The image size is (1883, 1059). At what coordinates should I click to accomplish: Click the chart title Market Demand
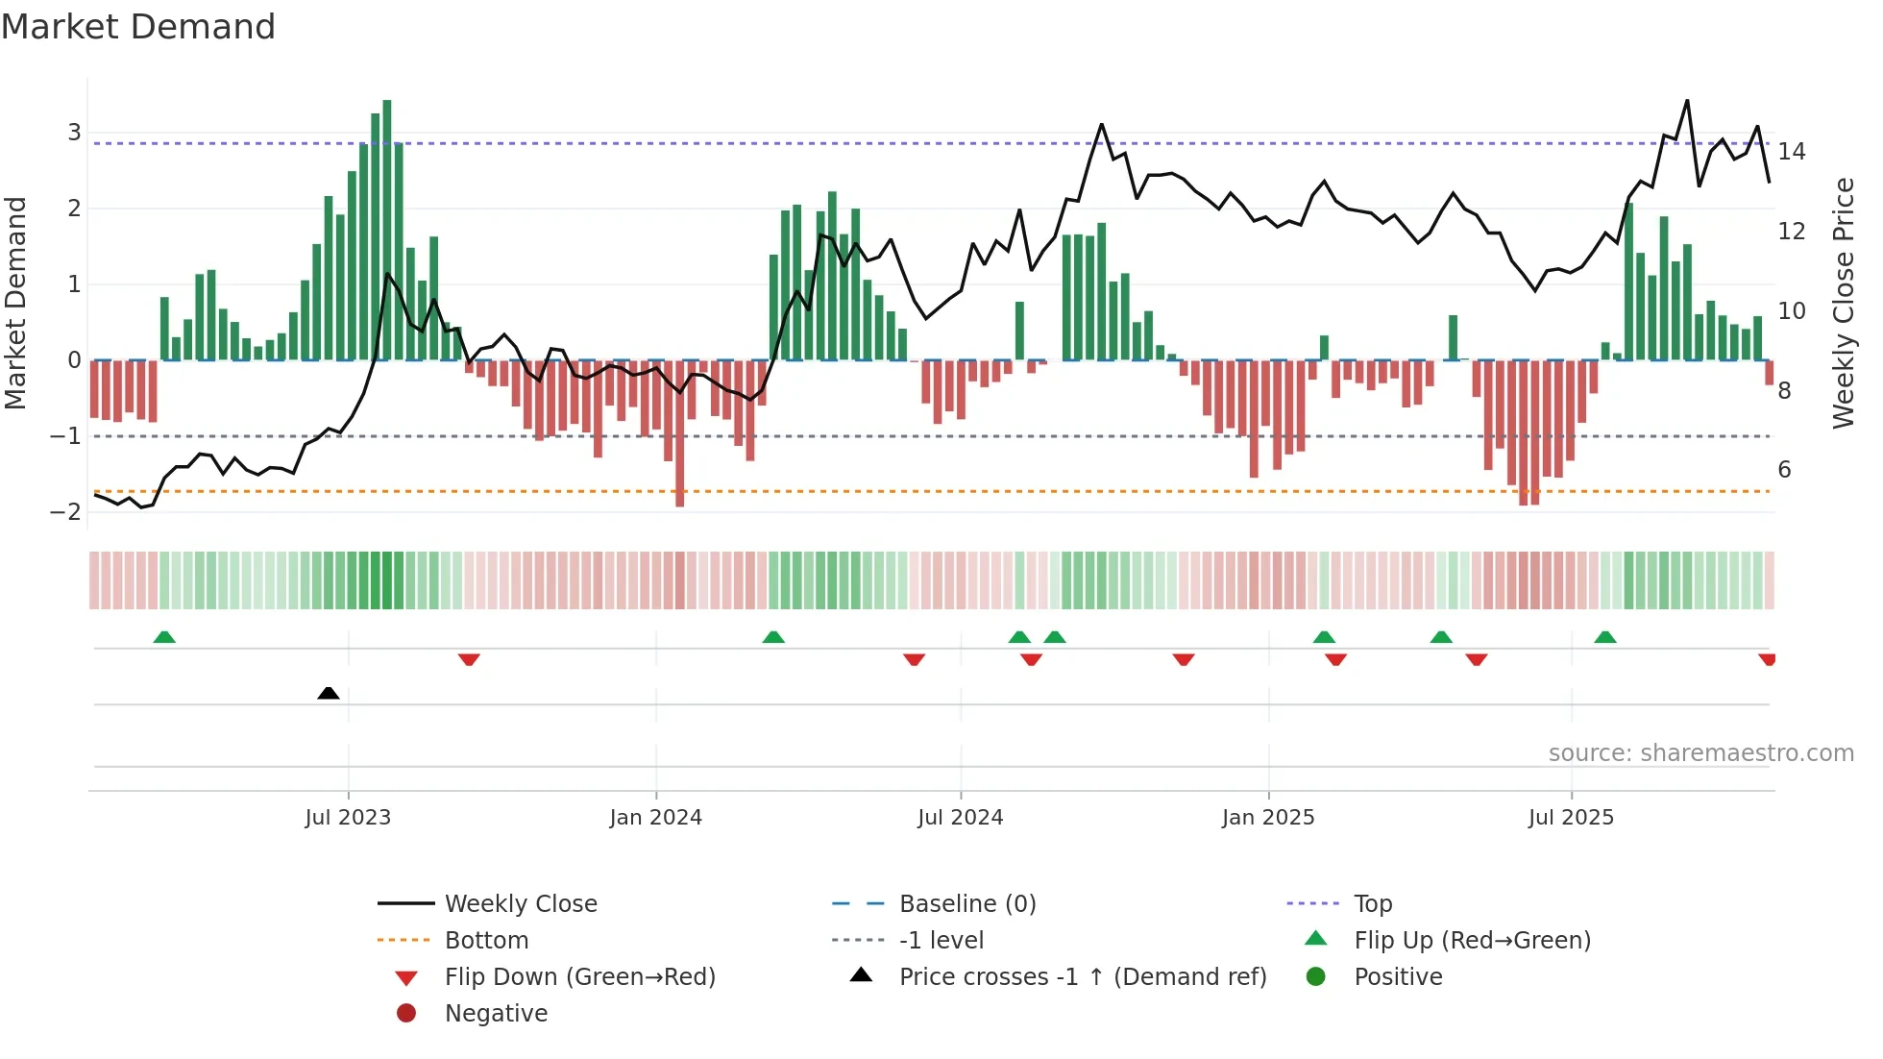click(x=138, y=27)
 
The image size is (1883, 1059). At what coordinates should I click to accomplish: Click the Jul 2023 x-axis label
click(x=348, y=818)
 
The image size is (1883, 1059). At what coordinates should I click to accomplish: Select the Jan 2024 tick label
click(x=656, y=818)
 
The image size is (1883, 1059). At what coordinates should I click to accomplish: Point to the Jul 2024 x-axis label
click(x=960, y=818)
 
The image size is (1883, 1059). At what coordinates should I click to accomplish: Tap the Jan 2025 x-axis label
click(x=1268, y=818)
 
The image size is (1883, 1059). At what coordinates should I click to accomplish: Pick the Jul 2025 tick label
click(x=1571, y=818)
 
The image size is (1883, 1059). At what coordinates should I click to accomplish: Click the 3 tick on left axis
click(x=74, y=133)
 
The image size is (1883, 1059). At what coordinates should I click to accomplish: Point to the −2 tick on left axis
click(x=66, y=511)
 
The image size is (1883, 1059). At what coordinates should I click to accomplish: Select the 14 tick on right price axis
click(x=1792, y=152)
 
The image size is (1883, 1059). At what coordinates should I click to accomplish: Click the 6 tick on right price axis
click(x=1785, y=470)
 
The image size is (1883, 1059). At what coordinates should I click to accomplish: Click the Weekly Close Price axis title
click(x=1844, y=303)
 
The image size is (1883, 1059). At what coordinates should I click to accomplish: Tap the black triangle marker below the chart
click(x=329, y=693)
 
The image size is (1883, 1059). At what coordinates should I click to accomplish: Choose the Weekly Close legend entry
click(x=520, y=904)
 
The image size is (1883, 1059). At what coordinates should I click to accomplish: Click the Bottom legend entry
click(x=486, y=941)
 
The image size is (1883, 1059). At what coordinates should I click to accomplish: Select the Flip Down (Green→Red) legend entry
click(x=579, y=977)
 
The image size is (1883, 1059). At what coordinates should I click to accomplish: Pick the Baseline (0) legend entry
click(x=966, y=904)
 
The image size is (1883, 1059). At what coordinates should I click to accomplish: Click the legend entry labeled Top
click(x=1373, y=904)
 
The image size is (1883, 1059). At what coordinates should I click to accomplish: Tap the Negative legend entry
click(x=496, y=1014)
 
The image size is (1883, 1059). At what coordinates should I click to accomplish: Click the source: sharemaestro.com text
click(x=1700, y=753)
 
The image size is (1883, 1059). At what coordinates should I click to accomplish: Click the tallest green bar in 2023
click(x=387, y=231)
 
